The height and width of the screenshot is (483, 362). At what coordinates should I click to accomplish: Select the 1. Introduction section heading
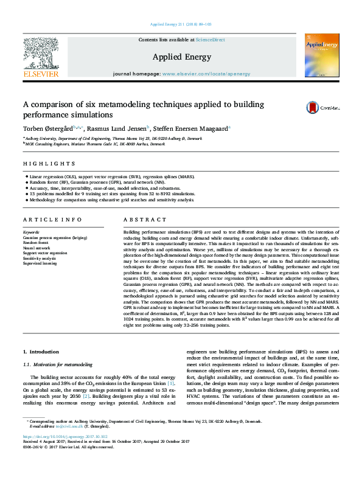click(x=41, y=352)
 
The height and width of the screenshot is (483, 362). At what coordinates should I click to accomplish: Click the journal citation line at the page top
click(x=181, y=24)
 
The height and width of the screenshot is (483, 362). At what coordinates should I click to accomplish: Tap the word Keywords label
click(x=31, y=232)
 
